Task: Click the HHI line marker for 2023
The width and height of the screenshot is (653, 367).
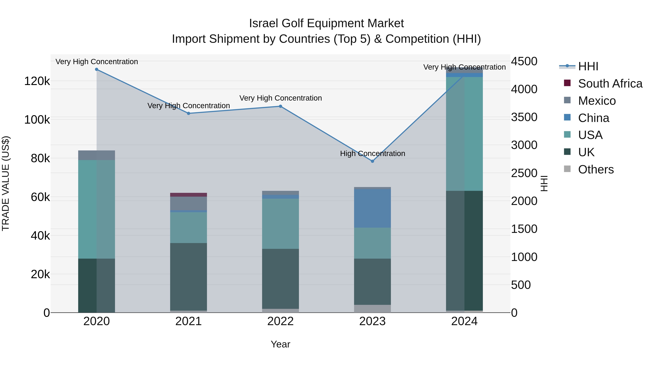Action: coord(372,161)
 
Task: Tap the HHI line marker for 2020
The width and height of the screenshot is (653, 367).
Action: coord(96,69)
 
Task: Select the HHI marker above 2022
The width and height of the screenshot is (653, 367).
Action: coord(280,106)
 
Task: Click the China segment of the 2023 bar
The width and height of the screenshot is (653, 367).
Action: coord(372,208)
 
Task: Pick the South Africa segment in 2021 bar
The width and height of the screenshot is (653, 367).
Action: coord(188,195)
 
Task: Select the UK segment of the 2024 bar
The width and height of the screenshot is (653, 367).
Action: coord(464,251)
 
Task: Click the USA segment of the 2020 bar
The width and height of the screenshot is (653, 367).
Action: coord(96,209)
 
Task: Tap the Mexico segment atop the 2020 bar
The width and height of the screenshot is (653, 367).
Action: coord(96,155)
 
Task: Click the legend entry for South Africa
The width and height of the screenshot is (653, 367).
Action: coord(610,84)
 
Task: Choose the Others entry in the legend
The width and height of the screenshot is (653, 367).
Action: coord(596,169)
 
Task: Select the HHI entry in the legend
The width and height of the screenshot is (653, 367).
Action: coord(588,66)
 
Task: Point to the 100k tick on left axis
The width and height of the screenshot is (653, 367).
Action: coord(37,120)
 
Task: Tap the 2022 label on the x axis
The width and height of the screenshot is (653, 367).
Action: coord(280,321)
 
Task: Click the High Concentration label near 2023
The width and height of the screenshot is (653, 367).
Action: coord(372,154)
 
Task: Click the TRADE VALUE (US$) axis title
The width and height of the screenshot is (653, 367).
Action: coord(6,183)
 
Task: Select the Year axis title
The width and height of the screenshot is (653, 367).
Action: coord(280,344)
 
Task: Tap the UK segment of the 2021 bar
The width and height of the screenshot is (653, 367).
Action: coord(188,277)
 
